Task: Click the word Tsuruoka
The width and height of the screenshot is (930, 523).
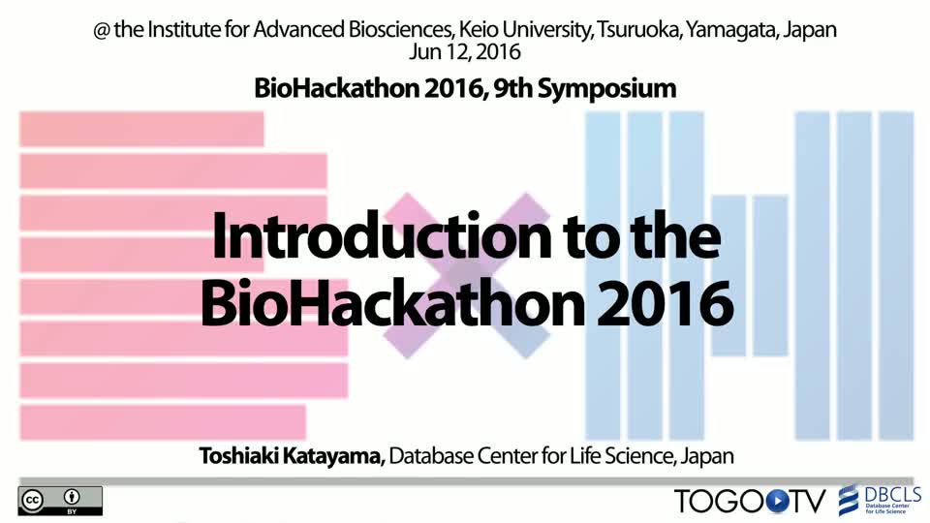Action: pyautogui.click(x=638, y=30)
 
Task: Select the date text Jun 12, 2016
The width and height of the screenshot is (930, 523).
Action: pyautogui.click(x=464, y=52)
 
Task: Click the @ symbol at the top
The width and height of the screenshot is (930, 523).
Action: pyautogui.click(x=102, y=30)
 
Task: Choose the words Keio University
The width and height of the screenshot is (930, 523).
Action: pyautogui.click(x=525, y=30)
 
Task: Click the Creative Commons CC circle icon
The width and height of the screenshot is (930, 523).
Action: pyautogui.click(x=32, y=501)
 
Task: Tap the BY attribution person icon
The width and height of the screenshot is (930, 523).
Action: pyautogui.click(x=72, y=497)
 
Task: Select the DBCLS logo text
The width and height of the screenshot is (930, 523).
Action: pyautogui.click(x=892, y=494)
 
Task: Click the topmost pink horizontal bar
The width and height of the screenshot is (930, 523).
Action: pyautogui.click(x=141, y=129)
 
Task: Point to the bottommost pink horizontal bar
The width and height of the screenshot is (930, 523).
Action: pyautogui.click(x=163, y=422)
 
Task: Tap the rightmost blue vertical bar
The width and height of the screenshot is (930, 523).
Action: pyautogui.click(x=896, y=276)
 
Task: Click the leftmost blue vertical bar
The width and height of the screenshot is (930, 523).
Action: pyautogui.click(x=603, y=276)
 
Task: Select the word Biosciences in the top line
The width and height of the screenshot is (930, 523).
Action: pyautogui.click(x=401, y=30)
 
